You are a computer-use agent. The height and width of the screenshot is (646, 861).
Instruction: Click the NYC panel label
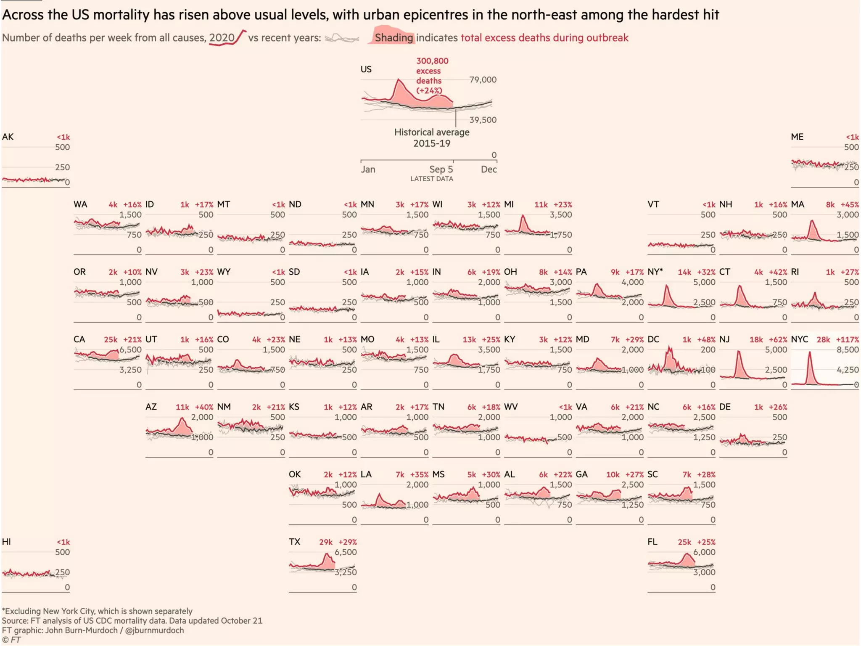(799, 339)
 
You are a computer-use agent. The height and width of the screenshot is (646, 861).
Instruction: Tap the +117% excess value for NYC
(847, 340)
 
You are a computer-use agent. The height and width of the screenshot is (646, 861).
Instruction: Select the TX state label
(294, 542)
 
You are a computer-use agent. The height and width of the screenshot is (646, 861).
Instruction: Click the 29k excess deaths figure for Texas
(326, 542)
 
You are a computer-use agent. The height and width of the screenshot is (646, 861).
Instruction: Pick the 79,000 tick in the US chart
(483, 80)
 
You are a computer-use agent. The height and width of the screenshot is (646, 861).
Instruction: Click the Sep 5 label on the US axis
(441, 169)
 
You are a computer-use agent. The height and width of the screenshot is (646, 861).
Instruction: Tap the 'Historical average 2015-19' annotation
(432, 138)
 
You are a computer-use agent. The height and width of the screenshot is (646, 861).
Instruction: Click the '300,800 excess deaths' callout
(432, 76)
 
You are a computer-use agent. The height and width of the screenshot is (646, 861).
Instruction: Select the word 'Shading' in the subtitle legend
(394, 38)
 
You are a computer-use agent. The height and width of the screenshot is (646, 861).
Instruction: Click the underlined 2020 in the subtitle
(222, 38)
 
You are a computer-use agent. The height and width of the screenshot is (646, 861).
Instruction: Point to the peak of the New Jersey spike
(738, 352)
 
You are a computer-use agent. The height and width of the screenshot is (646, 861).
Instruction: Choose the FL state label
(652, 542)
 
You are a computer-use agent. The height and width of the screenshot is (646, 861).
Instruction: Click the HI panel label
(6, 542)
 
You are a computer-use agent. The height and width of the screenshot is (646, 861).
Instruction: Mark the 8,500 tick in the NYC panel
(848, 349)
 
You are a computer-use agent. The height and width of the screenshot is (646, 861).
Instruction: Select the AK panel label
(8, 137)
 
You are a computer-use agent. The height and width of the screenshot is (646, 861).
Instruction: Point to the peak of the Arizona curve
(182, 418)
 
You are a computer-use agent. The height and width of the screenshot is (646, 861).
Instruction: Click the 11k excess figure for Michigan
(541, 205)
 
